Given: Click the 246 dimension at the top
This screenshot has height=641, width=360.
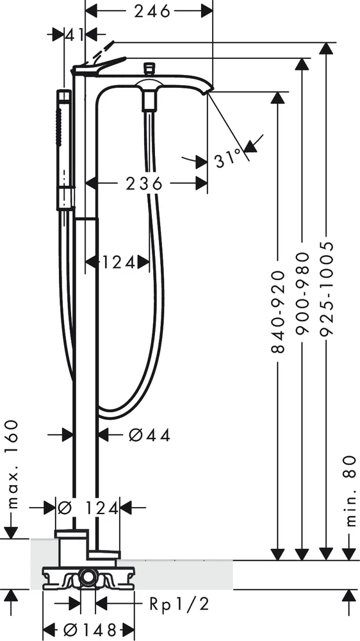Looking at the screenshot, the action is click(x=152, y=12).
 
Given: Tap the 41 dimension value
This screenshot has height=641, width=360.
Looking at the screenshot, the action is click(x=74, y=35).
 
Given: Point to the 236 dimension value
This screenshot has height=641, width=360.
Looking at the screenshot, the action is click(x=144, y=184).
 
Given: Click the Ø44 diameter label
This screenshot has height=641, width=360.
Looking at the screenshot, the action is click(x=149, y=435).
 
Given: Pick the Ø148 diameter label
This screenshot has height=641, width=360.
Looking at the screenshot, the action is click(x=89, y=630).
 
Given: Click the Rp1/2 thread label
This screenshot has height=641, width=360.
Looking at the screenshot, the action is click(x=179, y=604).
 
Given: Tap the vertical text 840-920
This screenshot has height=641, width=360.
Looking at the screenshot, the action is click(x=278, y=311).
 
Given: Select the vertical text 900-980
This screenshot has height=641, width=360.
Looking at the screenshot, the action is click(x=302, y=294).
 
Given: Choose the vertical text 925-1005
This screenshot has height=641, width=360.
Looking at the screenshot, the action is click(x=327, y=288).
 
